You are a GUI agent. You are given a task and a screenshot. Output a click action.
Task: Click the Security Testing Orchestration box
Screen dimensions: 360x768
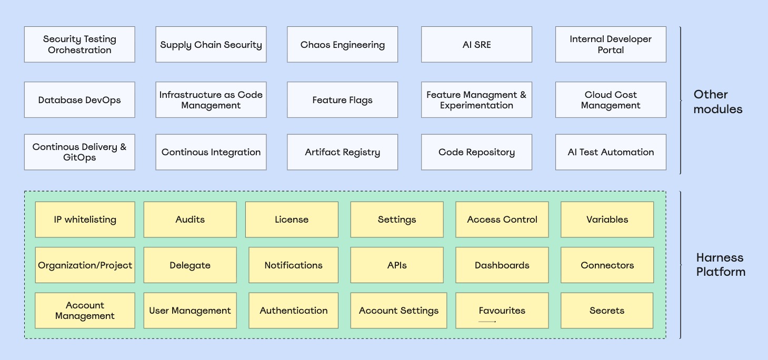(79, 45)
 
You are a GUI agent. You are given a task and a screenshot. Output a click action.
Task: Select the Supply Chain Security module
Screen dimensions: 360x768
(211, 45)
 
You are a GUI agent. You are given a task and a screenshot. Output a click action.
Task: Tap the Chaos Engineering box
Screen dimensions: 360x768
(342, 45)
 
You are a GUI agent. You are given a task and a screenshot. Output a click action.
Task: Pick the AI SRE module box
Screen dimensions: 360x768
(476, 45)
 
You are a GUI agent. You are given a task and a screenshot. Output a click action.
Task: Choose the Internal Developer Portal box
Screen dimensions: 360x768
(611, 45)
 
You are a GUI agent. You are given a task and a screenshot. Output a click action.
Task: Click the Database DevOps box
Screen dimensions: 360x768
(79, 100)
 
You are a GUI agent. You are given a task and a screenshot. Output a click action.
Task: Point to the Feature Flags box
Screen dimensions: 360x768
(342, 100)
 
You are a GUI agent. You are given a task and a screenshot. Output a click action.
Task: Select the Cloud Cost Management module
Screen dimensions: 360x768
(611, 100)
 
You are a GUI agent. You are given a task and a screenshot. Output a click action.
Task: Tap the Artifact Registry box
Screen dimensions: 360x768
(342, 152)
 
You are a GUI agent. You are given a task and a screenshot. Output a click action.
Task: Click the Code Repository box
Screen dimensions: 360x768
(476, 152)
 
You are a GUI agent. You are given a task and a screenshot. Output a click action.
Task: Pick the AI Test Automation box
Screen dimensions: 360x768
(611, 152)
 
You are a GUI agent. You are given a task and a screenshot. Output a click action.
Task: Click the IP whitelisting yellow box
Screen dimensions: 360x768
(85, 219)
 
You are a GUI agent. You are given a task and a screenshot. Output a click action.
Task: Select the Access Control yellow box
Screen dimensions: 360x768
(502, 219)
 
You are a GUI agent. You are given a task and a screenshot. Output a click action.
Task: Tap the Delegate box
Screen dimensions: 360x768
(190, 265)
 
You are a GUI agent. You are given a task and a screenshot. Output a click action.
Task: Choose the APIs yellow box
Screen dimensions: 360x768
(397, 265)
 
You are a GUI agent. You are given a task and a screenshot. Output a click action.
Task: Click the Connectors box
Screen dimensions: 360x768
(607, 265)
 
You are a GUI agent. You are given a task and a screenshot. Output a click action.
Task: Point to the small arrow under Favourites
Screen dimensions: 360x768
(487, 321)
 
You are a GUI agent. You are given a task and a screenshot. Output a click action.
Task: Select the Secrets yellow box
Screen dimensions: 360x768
(607, 311)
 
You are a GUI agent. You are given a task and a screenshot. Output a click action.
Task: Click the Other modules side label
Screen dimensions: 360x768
(717, 102)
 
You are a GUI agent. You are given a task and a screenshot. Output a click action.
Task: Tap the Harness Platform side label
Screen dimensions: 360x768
(721, 265)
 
